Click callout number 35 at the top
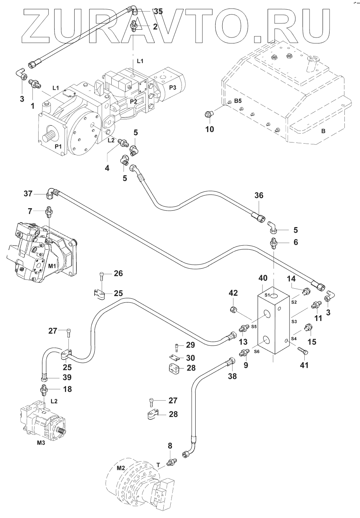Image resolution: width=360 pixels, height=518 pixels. [x=158, y=12]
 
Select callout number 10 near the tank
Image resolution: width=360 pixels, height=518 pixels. [x=210, y=129]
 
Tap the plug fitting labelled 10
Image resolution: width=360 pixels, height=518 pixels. [x=209, y=115]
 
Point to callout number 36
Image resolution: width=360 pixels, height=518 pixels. [x=259, y=195]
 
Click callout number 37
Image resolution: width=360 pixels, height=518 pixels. [x=28, y=193]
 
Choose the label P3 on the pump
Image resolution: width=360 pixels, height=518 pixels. [x=173, y=87]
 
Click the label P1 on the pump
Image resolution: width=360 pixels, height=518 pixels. [x=58, y=147]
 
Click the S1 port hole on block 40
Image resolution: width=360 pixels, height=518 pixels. [x=274, y=296]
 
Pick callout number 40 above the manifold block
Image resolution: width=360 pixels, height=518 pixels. [x=263, y=278]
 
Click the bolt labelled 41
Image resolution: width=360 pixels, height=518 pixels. [x=301, y=350]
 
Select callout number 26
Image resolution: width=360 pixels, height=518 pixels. [x=118, y=274]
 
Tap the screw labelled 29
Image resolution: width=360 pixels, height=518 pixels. [x=176, y=347]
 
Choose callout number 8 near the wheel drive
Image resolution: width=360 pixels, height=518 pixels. [x=170, y=445]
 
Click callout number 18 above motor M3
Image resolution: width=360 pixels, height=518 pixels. [x=67, y=389]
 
